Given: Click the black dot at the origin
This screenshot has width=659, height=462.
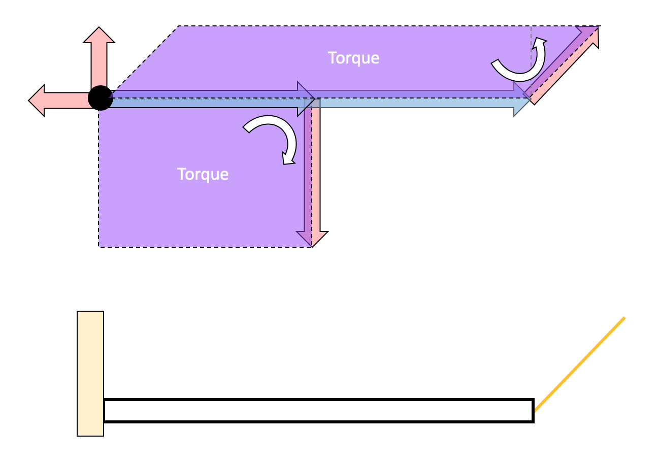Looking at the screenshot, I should pyautogui.click(x=100, y=98).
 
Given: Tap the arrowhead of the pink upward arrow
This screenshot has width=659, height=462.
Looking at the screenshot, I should pyautogui.click(x=99, y=35).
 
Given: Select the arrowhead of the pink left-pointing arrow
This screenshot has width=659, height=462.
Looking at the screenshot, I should pyautogui.click(x=37, y=101).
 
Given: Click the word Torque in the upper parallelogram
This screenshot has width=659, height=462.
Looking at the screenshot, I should pyautogui.click(x=353, y=58).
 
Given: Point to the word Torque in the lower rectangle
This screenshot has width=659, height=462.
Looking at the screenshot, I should pyautogui.click(x=203, y=174).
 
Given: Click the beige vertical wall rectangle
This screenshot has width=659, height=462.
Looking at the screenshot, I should pyautogui.click(x=90, y=373).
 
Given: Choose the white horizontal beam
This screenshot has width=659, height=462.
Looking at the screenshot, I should pyautogui.click(x=318, y=411).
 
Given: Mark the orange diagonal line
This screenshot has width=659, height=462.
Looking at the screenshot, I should pyautogui.click(x=580, y=364).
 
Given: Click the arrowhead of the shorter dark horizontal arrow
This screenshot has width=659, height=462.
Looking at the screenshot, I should pyautogui.click(x=306, y=99).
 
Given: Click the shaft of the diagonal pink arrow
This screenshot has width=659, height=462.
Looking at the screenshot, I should pyautogui.click(x=558, y=69).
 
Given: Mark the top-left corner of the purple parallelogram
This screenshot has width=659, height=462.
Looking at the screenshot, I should pyautogui.click(x=179, y=26).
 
